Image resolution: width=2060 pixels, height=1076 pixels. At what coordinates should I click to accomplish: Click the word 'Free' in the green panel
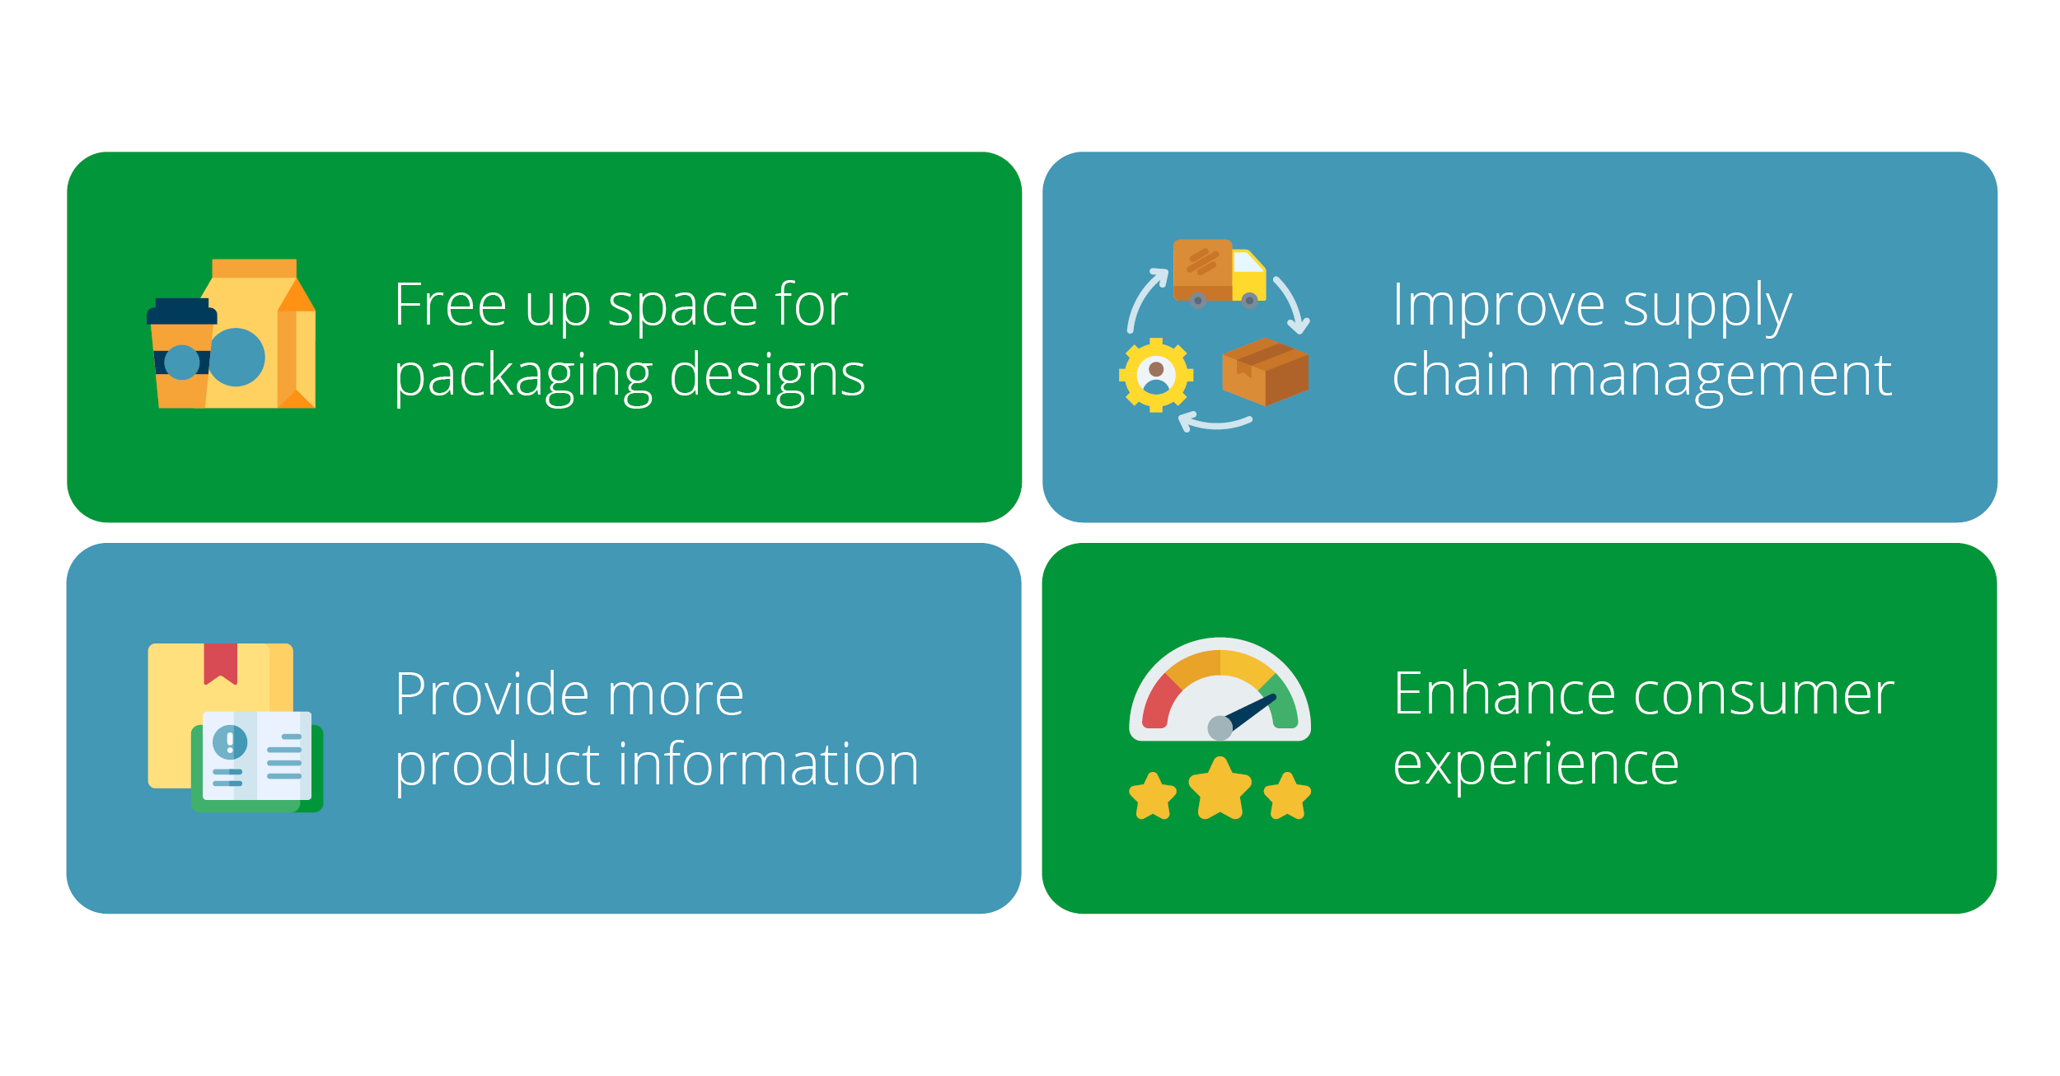[450, 305]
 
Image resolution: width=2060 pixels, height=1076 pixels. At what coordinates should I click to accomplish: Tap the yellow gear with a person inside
[1156, 375]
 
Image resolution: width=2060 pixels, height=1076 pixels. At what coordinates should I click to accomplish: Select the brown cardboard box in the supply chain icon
[1265, 372]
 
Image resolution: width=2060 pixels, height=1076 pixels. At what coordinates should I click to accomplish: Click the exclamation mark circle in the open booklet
[230, 742]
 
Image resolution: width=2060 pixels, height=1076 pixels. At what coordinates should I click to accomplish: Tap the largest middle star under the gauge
[1220, 788]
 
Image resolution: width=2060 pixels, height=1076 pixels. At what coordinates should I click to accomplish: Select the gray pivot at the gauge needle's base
[1220, 727]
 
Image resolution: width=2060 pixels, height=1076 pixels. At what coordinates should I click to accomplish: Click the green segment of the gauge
[1280, 703]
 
